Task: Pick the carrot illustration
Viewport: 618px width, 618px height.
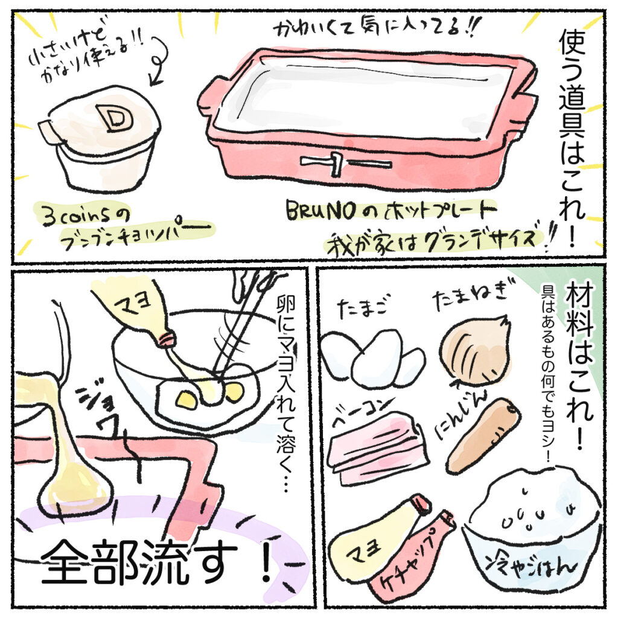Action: point(483,436)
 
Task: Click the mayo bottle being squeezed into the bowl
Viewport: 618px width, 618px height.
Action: point(136,312)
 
